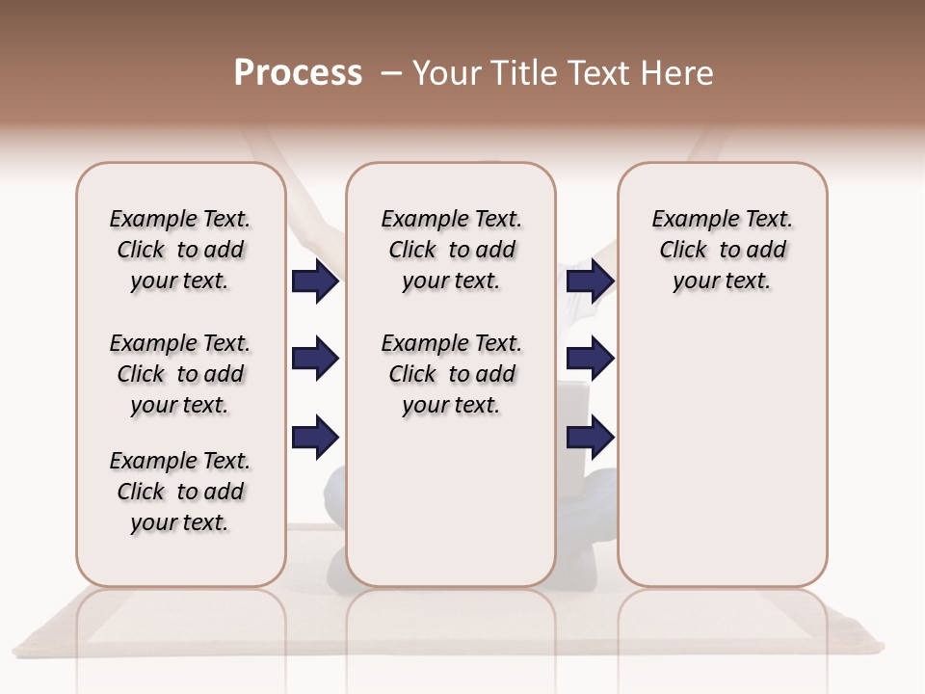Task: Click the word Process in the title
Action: [298, 73]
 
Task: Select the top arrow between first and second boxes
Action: [315, 281]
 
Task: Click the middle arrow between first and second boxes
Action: [315, 360]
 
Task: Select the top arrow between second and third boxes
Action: [590, 281]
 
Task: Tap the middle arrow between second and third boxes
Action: [590, 360]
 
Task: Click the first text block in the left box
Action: [180, 250]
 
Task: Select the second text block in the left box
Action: [180, 374]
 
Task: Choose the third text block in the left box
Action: [180, 492]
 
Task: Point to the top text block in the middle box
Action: [451, 250]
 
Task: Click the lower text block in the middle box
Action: [451, 374]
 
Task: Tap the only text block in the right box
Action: [722, 250]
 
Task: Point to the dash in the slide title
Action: [391, 73]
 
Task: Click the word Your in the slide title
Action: [445, 73]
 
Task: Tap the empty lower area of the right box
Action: [722, 463]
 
